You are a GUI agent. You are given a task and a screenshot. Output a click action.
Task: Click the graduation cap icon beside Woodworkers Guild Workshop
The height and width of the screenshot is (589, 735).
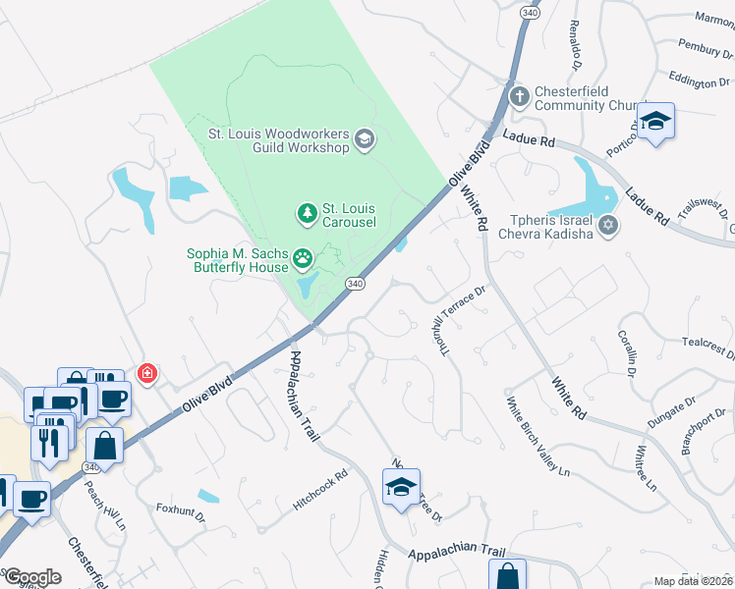click(x=365, y=138)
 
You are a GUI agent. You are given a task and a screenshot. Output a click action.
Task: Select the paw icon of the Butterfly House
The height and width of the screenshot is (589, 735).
click(x=304, y=258)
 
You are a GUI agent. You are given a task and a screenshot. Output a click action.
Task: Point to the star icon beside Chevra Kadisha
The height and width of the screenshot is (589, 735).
click(x=608, y=227)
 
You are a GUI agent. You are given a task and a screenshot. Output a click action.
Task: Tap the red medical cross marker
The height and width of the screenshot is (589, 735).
click(x=147, y=373)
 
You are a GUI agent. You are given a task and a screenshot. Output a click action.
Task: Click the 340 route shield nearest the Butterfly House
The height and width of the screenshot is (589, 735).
click(x=356, y=283)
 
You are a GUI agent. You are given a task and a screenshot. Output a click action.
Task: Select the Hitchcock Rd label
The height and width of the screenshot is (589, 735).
click(x=320, y=490)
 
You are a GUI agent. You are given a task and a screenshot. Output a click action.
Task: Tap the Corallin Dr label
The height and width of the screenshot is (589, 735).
click(x=628, y=352)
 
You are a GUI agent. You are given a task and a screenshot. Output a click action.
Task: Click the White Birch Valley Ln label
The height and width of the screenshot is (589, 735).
click(x=537, y=437)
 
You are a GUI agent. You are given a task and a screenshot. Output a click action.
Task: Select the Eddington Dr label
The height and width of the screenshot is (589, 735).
click(x=706, y=81)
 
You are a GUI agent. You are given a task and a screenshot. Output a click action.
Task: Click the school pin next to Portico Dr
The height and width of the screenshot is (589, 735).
click(x=655, y=123)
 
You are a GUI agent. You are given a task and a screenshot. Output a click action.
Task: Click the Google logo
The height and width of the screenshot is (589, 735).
click(x=32, y=577)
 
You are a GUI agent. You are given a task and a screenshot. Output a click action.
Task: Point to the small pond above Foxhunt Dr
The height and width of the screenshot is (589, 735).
click(x=208, y=497)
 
